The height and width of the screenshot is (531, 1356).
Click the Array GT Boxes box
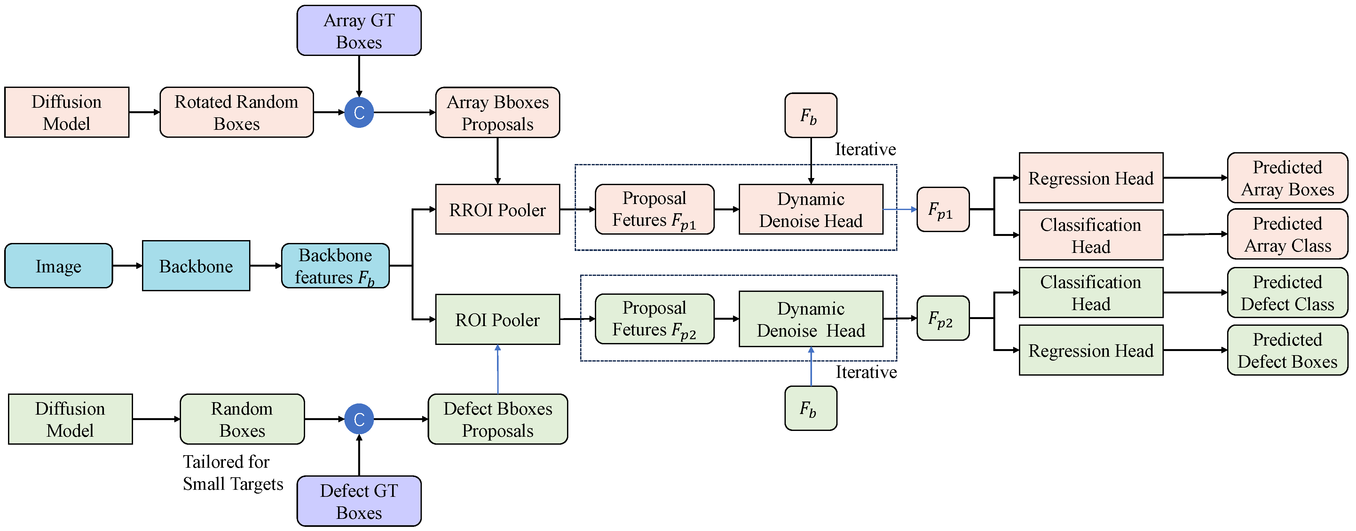(359, 30)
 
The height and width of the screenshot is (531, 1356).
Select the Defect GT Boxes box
(359, 501)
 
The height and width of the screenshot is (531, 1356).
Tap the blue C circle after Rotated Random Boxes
(359, 113)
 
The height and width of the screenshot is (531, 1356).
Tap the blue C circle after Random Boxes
(359, 419)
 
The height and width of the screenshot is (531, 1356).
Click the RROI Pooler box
(497, 209)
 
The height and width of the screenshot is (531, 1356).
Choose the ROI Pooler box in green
(497, 319)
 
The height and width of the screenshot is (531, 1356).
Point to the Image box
(59, 266)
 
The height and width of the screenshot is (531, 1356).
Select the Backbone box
(196, 266)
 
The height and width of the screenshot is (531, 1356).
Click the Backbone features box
(335, 266)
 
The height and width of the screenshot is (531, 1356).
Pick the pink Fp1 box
(943, 209)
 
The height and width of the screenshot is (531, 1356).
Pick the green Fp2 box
(943, 318)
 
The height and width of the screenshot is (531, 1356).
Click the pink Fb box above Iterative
(811, 116)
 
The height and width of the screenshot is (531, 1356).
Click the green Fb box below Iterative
(811, 408)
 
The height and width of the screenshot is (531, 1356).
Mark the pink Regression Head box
(1091, 178)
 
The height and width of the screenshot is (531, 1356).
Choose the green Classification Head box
(1091, 293)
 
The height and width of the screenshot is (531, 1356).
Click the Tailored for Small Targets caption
(233, 472)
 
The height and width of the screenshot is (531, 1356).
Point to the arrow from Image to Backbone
(127, 266)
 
